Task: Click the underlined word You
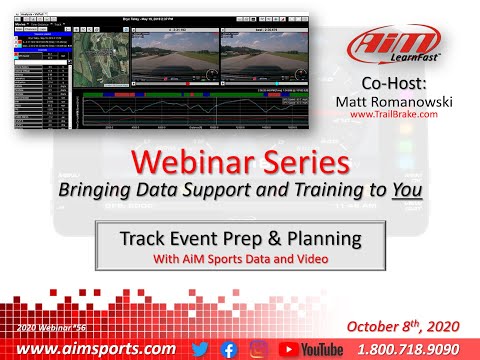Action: [x=372, y=190]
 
